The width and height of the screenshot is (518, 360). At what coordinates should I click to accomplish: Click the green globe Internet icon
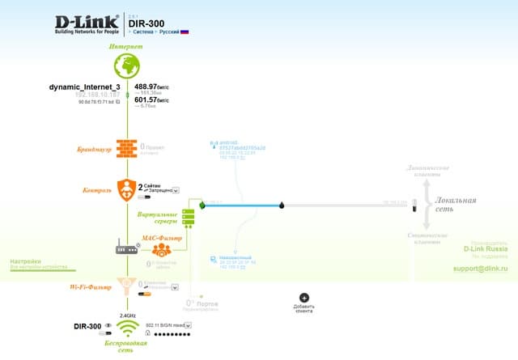126,67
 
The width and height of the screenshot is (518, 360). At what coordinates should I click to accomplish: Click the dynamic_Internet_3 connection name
84,86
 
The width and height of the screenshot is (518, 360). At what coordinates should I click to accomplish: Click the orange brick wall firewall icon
126,148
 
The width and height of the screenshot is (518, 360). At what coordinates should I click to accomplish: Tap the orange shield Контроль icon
126,191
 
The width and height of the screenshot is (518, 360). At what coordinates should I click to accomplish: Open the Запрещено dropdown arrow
176,191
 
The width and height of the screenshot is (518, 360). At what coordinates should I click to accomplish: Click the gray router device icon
126,248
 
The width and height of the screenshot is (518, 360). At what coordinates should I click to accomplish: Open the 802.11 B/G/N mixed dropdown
187,325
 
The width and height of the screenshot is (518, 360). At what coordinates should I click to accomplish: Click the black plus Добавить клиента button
304,298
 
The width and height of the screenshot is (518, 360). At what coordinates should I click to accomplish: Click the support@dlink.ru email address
484,268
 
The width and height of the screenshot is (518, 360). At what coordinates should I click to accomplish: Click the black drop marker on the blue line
282,205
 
